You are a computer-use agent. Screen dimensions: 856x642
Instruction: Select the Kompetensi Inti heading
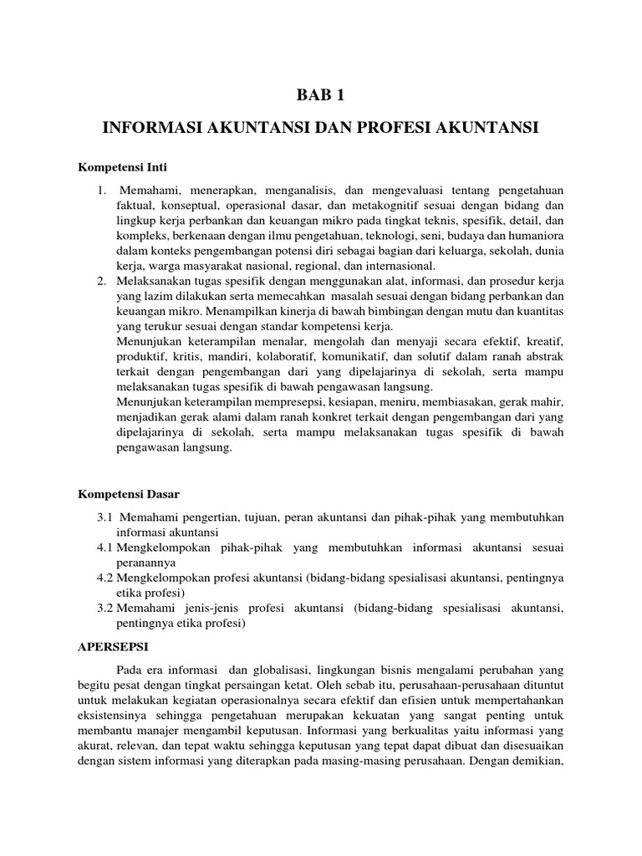click(123, 167)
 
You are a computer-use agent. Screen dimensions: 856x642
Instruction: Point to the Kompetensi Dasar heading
click(129, 496)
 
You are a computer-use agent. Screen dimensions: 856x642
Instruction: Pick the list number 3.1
click(105, 518)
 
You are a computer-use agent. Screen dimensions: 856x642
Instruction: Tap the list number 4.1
click(105, 548)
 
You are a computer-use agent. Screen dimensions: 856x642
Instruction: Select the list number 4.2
click(105, 578)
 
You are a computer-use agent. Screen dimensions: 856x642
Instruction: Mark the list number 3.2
click(105, 608)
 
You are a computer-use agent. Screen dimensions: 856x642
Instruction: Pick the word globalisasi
click(286, 670)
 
